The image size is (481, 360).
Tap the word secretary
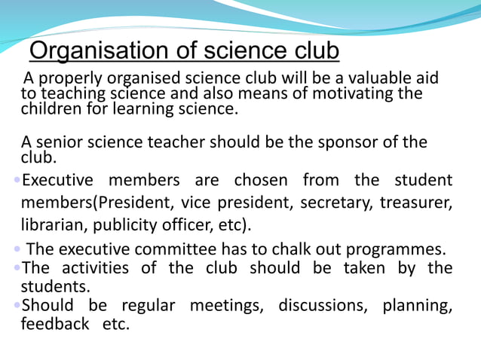(x=338, y=203)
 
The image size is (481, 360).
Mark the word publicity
(x=124, y=225)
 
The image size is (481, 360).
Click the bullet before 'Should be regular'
(x=18, y=306)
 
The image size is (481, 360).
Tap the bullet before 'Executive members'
(x=18, y=181)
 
